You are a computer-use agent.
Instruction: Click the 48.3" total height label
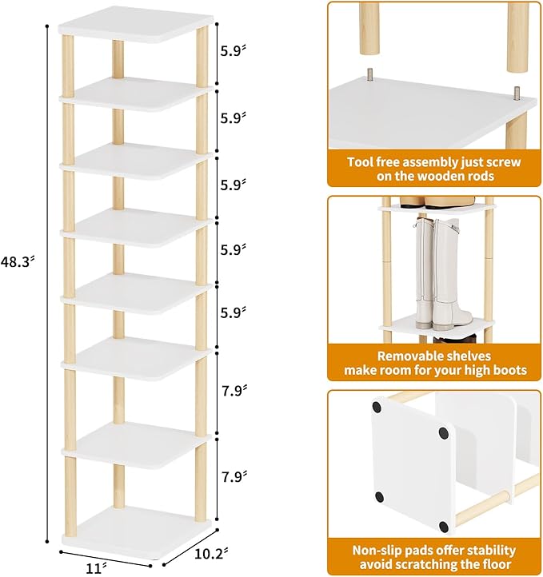coord(18,261)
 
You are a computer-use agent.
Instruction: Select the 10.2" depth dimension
coord(211,554)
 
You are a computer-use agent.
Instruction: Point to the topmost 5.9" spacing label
coord(233,50)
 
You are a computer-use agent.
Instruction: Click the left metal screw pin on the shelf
coord(369,74)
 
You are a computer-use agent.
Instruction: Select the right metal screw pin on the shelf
coord(517,93)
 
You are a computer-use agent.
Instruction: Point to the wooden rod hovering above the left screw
coord(369,28)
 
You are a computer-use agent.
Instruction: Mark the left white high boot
coord(425,273)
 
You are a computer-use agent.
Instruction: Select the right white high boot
coord(452,274)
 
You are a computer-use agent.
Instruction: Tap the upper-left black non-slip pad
coord(377,407)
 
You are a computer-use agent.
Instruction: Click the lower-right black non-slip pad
coord(444,527)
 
